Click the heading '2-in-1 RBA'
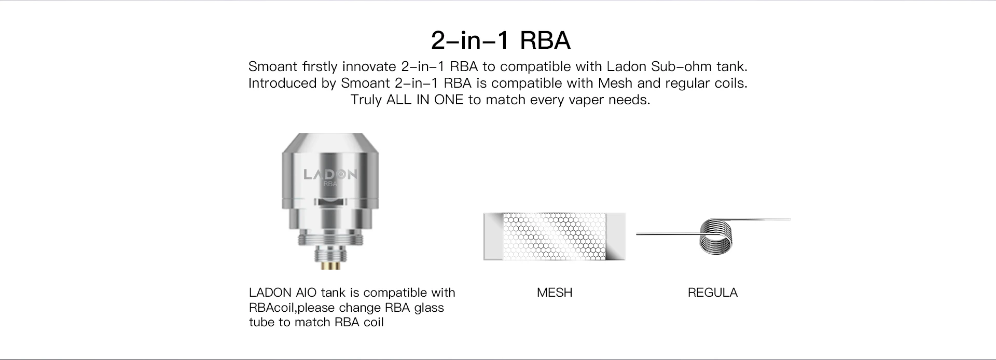coord(501,40)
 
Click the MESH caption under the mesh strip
coord(555,293)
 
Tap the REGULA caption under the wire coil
coord(712,293)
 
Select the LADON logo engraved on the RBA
coord(330,174)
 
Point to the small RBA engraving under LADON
coord(330,184)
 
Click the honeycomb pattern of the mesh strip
coord(555,236)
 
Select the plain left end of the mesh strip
coord(493,236)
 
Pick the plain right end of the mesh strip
coord(617,236)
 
